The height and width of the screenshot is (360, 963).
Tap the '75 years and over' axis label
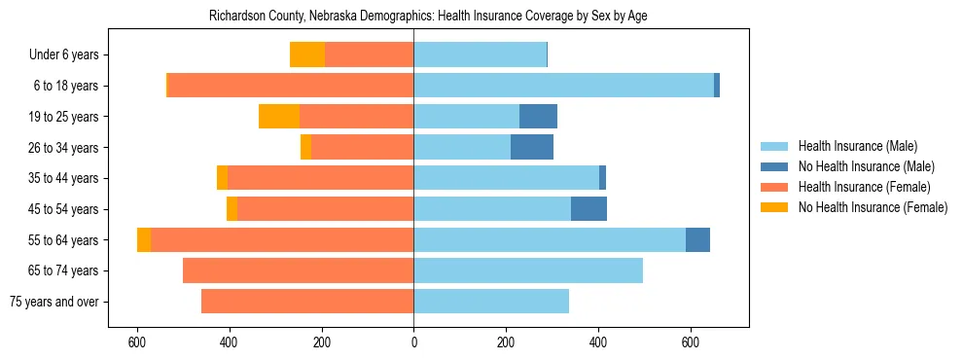click(x=54, y=302)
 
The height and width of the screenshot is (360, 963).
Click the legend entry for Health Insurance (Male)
click(x=857, y=146)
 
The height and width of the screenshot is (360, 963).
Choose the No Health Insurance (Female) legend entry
click(x=873, y=207)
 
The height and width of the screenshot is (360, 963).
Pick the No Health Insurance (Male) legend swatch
click(x=775, y=166)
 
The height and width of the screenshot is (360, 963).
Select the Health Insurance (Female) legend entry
click(x=865, y=187)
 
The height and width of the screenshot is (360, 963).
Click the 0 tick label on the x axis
click(x=413, y=342)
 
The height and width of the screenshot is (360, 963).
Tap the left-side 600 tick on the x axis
click(x=137, y=342)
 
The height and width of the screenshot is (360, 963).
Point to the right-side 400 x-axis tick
click(x=598, y=342)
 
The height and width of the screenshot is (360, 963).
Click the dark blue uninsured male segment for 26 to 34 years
click(x=532, y=147)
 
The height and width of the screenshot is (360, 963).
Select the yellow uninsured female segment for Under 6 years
click(x=307, y=55)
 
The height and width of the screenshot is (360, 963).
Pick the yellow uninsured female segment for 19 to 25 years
click(x=279, y=117)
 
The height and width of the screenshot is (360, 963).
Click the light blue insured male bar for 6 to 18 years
click(x=563, y=86)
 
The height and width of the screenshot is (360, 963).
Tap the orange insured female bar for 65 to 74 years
click(x=298, y=270)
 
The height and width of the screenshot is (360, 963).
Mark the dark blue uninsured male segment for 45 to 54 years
click(x=588, y=209)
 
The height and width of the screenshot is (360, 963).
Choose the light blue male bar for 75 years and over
click(x=491, y=302)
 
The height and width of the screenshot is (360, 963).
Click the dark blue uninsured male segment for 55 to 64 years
click(x=697, y=240)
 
